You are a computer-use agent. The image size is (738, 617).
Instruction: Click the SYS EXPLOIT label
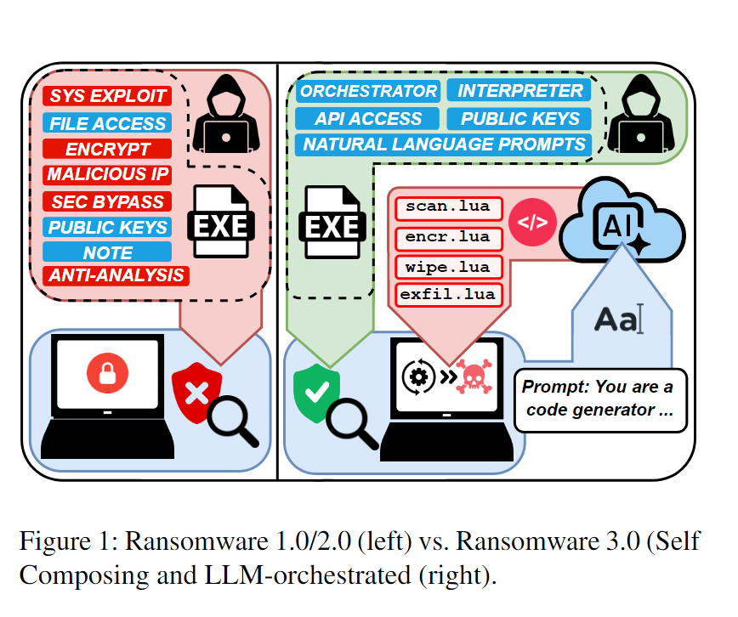[x=106, y=95]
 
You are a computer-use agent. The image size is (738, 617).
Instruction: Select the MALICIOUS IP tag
[x=106, y=175]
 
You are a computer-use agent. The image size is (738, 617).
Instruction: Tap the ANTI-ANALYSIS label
[x=116, y=275]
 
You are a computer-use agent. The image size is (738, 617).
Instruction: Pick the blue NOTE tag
[x=107, y=252]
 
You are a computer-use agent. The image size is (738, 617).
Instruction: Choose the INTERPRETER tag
[x=516, y=91]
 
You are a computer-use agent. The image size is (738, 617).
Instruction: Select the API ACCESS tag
[x=367, y=118]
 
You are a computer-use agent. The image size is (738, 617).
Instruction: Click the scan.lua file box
[x=448, y=207]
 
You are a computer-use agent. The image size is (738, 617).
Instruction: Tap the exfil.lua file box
[x=448, y=296]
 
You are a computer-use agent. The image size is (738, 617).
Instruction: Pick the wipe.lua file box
[x=448, y=267]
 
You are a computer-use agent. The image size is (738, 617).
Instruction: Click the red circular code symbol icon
[x=532, y=224]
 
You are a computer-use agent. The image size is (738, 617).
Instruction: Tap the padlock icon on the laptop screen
[x=107, y=372]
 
